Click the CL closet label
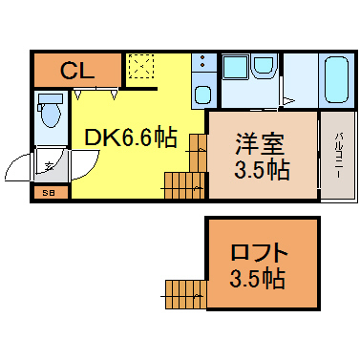77,70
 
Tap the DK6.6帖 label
130,138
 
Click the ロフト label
260,251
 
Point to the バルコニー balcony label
338,156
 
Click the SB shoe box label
50,193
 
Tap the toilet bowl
51,116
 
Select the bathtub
336,79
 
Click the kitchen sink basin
203,95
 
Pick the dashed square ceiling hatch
141,66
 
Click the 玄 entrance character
49,166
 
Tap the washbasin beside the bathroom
264,65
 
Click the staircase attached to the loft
185,294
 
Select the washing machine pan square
236,67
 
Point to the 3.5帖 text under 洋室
262,170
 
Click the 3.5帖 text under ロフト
257,279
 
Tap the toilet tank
51,98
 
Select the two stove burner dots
202,61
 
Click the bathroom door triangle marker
288,101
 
